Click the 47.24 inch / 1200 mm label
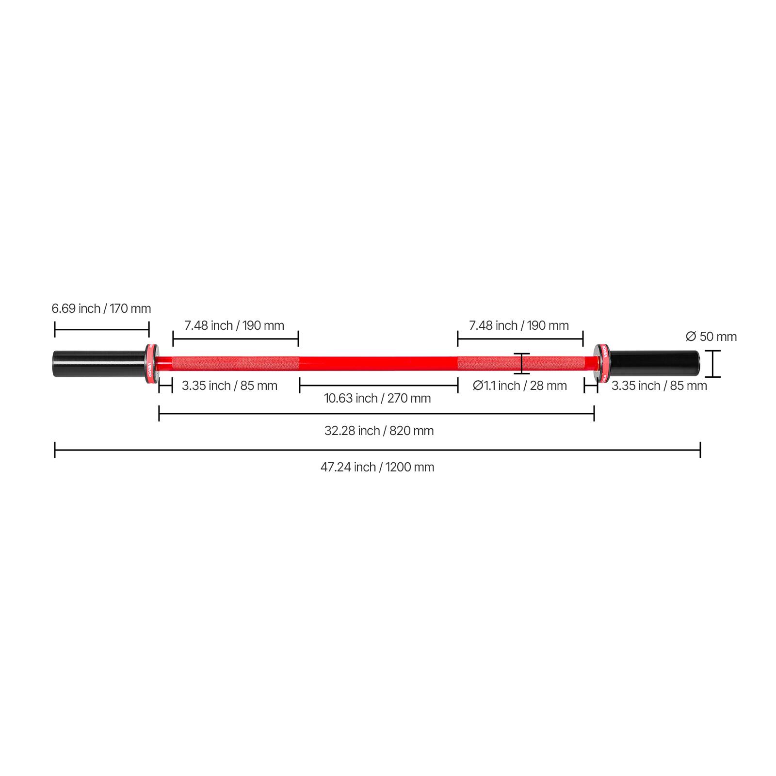click(377, 467)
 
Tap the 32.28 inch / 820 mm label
click(379, 431)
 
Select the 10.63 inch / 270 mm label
click(377, 398)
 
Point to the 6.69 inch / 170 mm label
click(101, 308)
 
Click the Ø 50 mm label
click(711, 337)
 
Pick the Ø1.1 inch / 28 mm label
click(520, 386)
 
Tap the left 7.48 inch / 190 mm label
click(234, 325)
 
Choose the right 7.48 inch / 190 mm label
click(519, 325)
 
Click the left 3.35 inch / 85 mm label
click(229, 386)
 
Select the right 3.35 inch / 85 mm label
click(659, 386)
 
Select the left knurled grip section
click(235, 363)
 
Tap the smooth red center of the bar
click(378, 363)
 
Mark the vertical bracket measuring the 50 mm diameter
click(712, 363)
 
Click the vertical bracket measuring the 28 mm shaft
click(522, 363)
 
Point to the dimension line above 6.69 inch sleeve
click(101, 330)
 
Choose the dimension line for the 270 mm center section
click(379, 386)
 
